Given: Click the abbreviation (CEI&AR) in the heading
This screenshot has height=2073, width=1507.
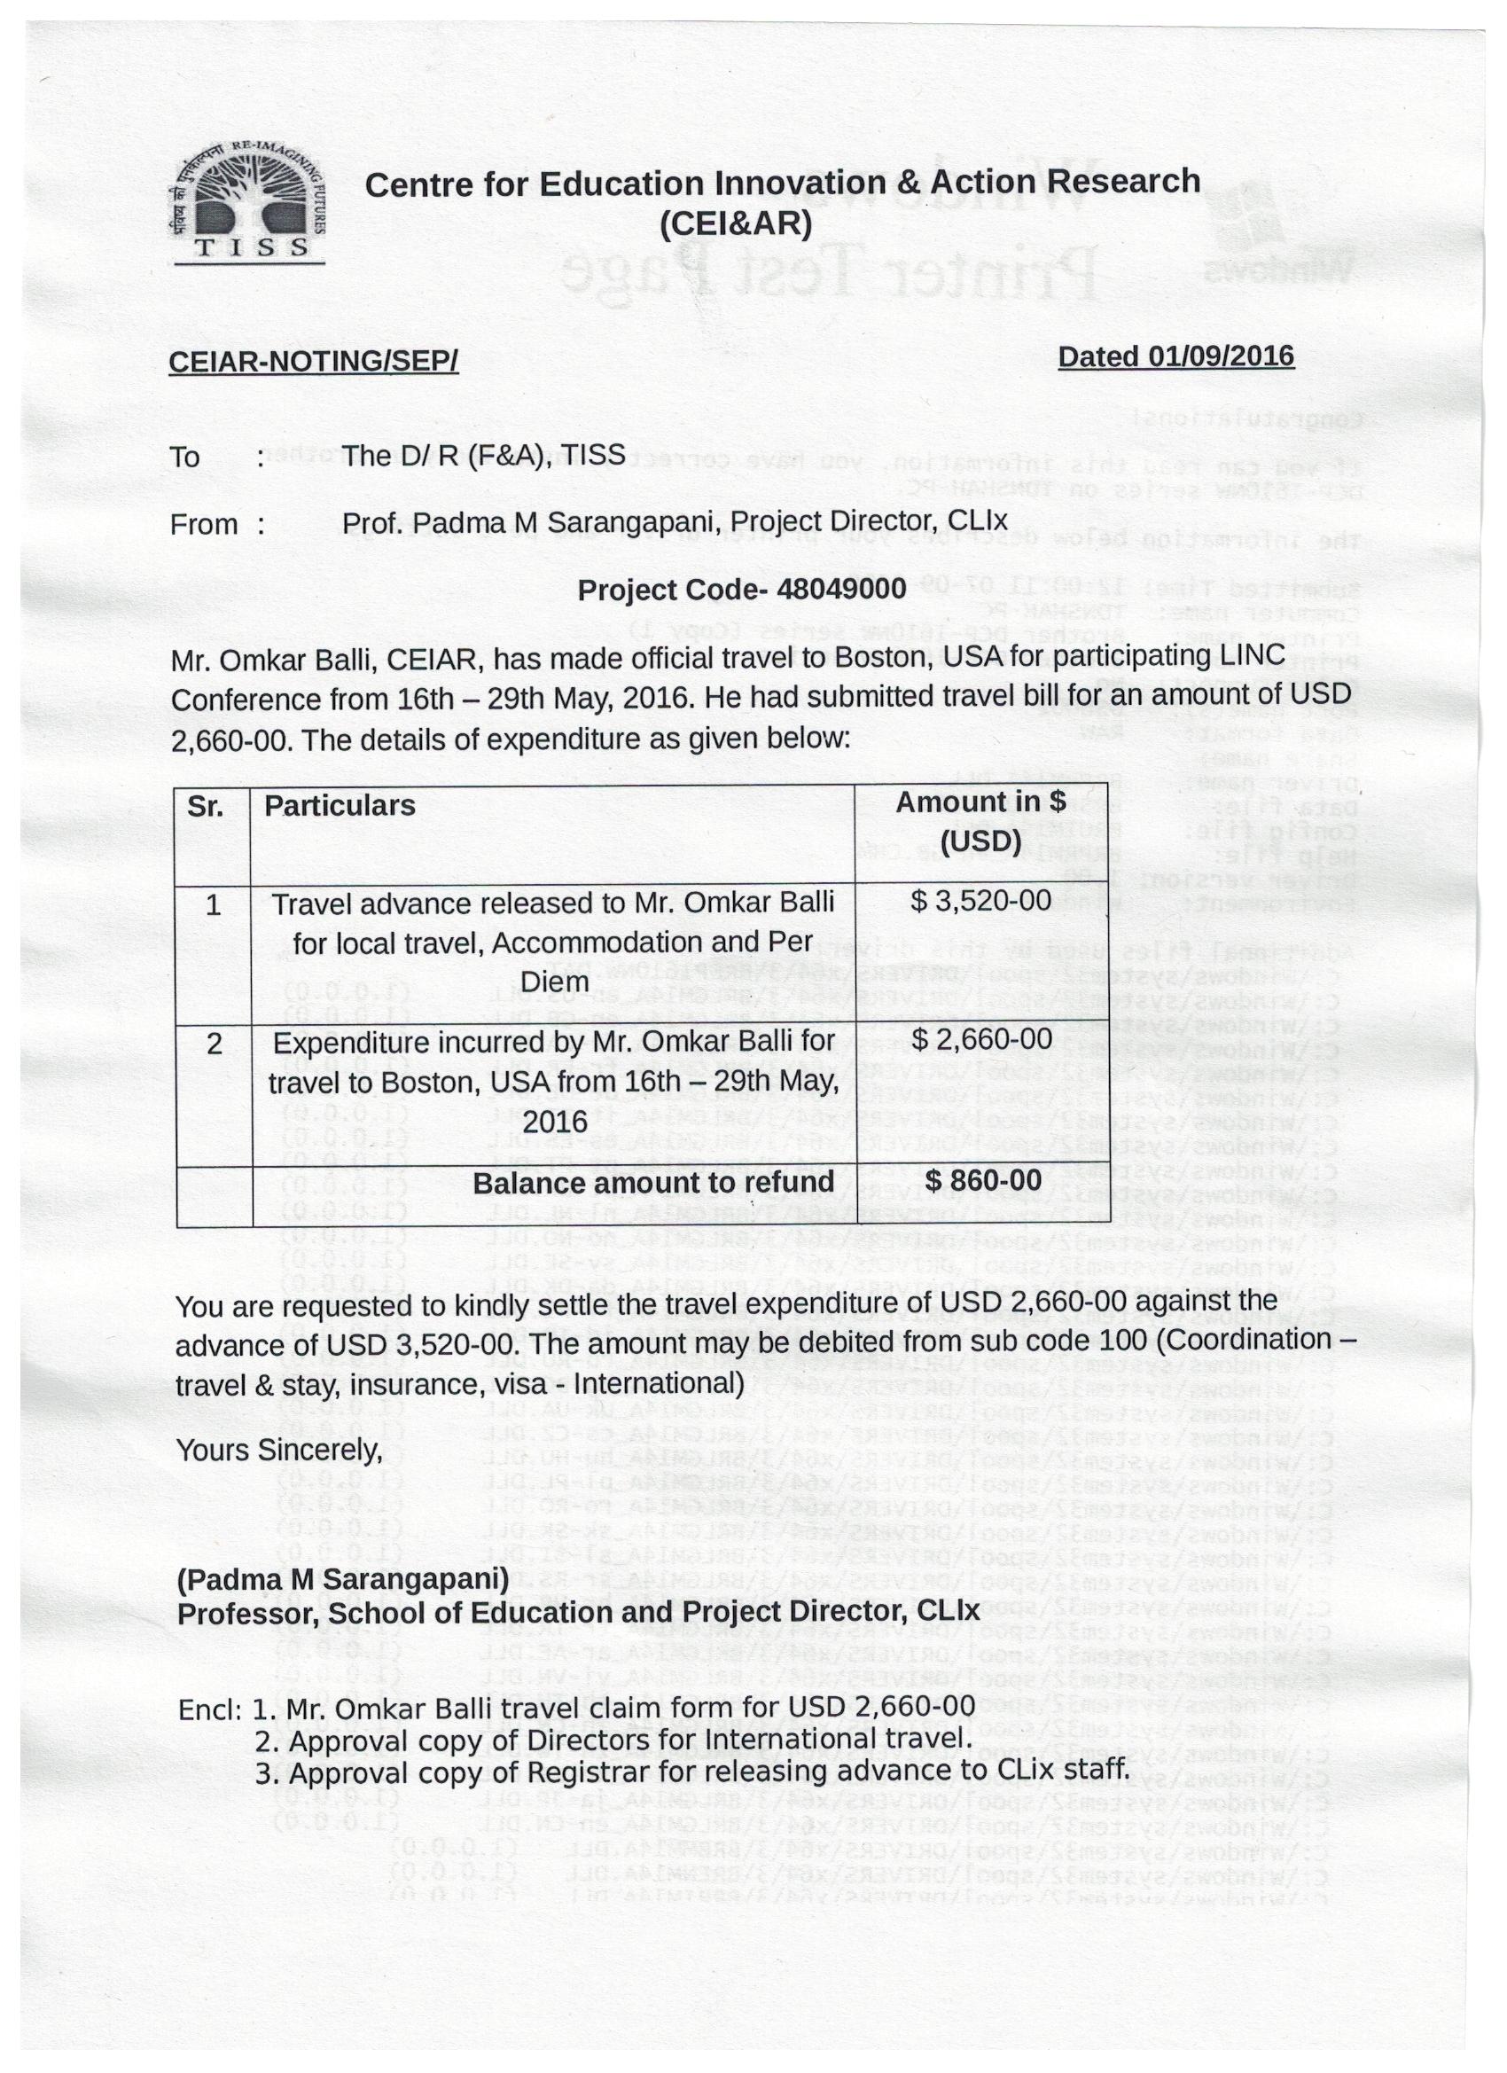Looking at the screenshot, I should tap(736, 224).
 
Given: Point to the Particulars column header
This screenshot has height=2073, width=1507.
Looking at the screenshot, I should tap(339, 806).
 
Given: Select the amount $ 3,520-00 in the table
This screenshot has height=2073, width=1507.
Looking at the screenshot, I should tap(981, 901).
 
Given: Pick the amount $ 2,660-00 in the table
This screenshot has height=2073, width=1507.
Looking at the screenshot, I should tap(981, 1039).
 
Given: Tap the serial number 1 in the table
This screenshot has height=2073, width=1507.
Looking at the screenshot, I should tap(213, 905).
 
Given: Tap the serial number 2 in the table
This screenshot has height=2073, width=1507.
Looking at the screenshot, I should tap(214, 1043).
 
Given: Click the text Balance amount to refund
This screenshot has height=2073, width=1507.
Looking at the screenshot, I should tap(653, 1183).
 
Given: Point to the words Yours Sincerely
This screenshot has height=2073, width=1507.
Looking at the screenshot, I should tap(278, 1451).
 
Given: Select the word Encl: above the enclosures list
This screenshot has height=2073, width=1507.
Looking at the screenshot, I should tap(210, 1709).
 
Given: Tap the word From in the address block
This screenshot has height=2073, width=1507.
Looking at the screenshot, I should tap(204, 525).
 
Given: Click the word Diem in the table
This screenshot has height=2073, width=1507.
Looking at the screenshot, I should tap(554, 982).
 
